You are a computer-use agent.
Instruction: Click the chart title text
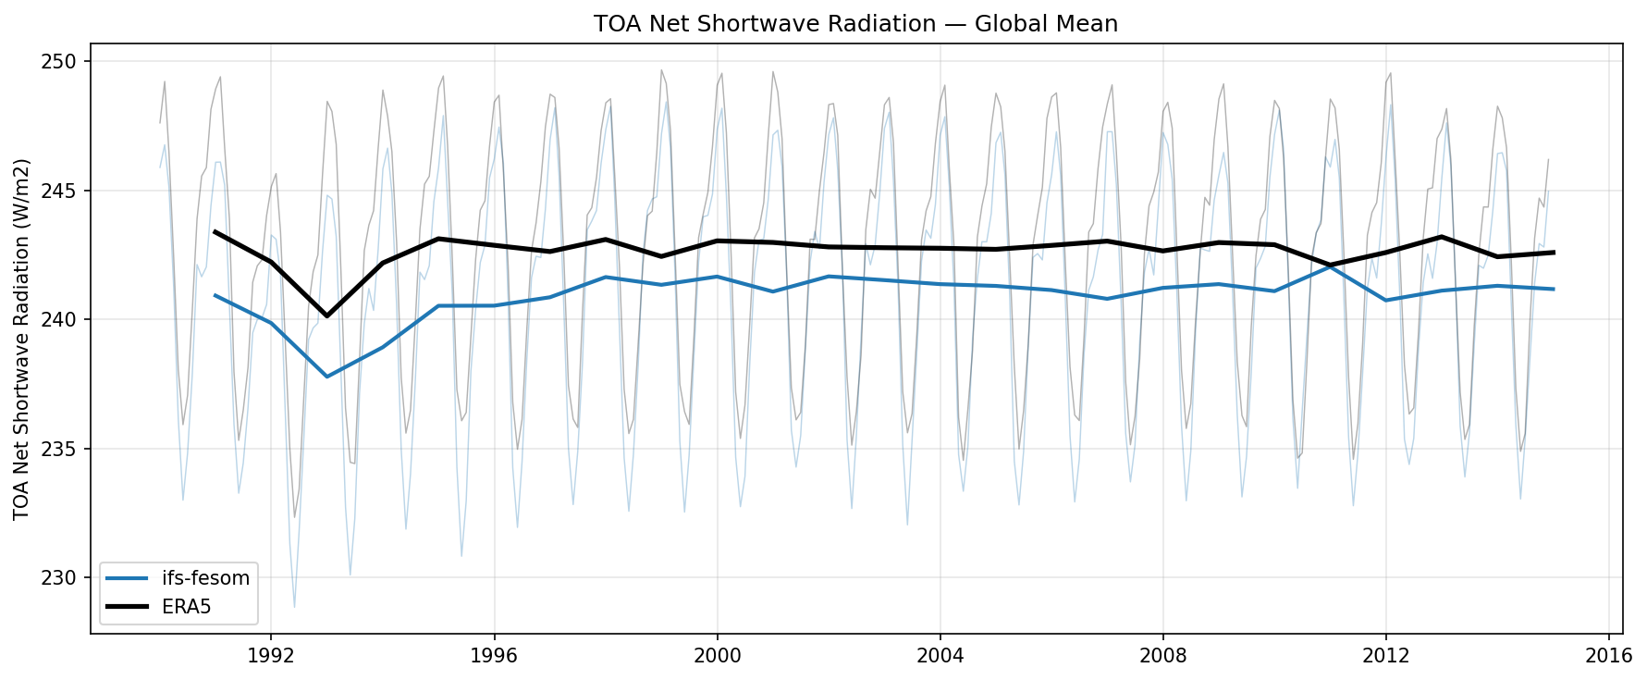coord(855,24)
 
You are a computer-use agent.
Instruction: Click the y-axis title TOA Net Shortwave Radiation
coord(22,339)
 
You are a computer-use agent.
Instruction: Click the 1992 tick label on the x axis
coord(271,656)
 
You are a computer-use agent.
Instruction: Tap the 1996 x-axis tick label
coord(494,656)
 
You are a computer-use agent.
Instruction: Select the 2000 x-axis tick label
coord(717,656)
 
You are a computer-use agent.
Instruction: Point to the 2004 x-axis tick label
coord(940,656)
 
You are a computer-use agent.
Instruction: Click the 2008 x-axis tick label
coord(1162,656)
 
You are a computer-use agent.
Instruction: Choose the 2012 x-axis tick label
coord(1385,656)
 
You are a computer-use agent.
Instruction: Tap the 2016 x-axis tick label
coord(1608,656)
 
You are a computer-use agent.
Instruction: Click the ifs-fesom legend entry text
coord(205,578)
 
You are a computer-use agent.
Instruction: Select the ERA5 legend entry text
coord(187,606)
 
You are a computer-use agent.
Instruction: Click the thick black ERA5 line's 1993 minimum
coord(326,316)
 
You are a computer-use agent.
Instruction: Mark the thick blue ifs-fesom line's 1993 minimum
coord(326,377)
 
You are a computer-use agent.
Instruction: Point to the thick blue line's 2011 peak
coord(1330,266)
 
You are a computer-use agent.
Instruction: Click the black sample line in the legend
coord(127,606)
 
